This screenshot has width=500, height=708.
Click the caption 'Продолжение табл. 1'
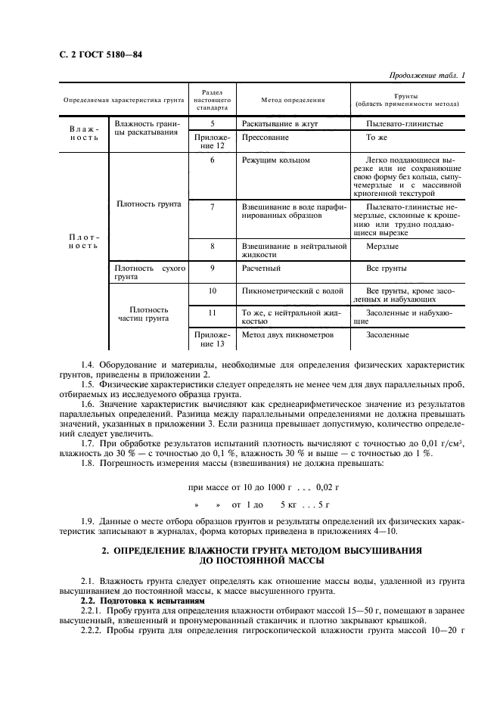427,75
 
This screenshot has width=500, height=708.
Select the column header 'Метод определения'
293,99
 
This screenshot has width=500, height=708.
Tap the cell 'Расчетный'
262,269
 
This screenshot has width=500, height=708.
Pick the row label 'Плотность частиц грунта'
148,315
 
